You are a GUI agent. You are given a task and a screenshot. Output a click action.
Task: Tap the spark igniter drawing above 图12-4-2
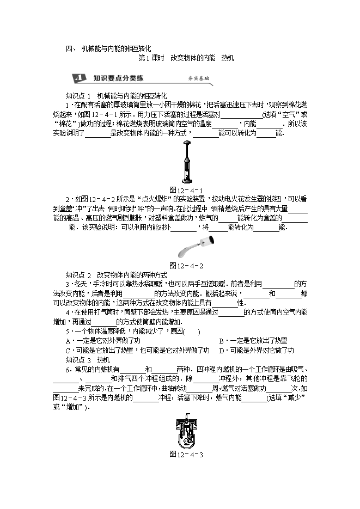point(186,249)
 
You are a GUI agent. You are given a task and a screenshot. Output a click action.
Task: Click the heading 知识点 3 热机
point(87,360)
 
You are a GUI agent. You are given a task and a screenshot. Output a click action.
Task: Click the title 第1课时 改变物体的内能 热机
point(186,58)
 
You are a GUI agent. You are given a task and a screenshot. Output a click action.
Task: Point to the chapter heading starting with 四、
point(108,48)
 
